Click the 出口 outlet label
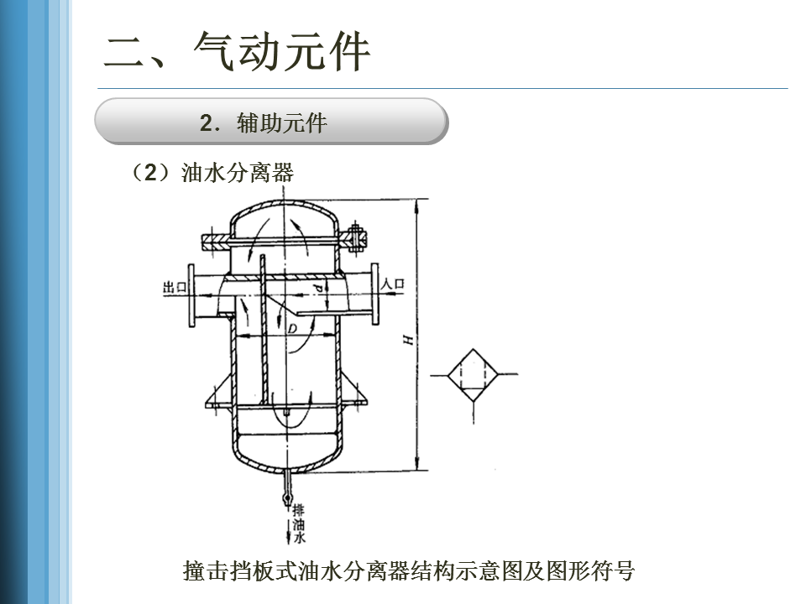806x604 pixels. tap(174, 287)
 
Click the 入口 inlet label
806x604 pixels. tap(393, 284)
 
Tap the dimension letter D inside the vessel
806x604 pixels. tap(292, 329)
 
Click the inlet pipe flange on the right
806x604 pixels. tap(374, 295)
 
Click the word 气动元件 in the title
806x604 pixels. tap(281, 52)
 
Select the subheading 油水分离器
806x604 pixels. tap(238, 173)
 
